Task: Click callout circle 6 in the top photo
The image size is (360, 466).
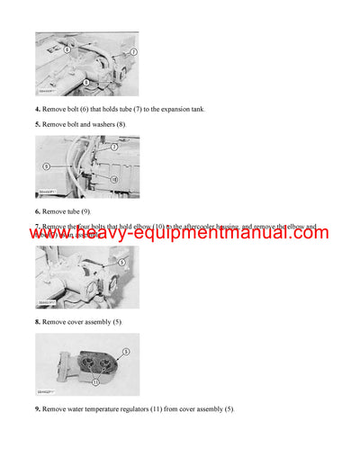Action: tap(66, 49)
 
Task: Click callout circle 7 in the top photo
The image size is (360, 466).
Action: tap(133, 53)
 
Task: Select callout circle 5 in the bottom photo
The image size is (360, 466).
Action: tap(126, 351)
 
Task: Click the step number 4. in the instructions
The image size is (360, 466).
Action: tap(39, 110)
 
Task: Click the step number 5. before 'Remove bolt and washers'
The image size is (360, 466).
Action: tap(39, 124)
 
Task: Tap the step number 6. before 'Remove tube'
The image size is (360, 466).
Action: tap(39, 211)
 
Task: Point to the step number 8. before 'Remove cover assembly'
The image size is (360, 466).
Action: tap(39, 321)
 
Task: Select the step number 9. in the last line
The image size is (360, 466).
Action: tap(39, 409)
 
